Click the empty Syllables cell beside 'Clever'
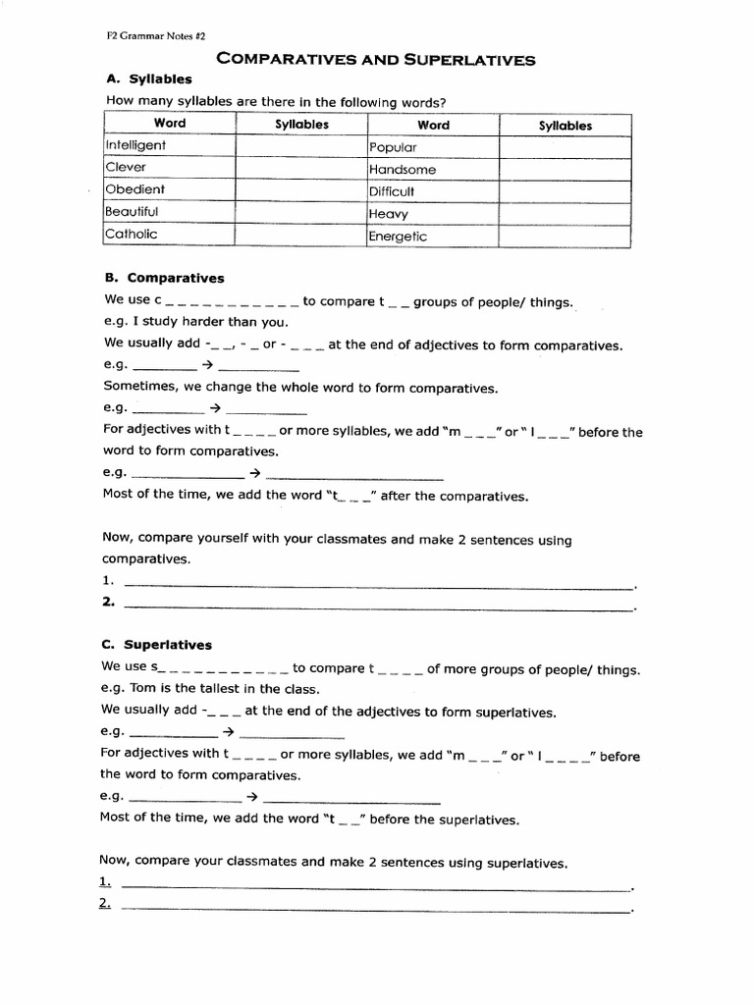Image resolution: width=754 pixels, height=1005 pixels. click(301, 168)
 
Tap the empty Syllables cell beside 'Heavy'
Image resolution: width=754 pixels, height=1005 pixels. click(565, 213)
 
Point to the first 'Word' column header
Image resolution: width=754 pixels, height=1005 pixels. click(169, 124)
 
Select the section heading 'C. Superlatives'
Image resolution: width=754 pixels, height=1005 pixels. click(157, 645)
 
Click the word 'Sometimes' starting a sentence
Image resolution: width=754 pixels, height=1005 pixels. click(136, 387)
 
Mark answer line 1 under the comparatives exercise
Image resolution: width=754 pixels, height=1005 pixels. click(378, 587)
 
